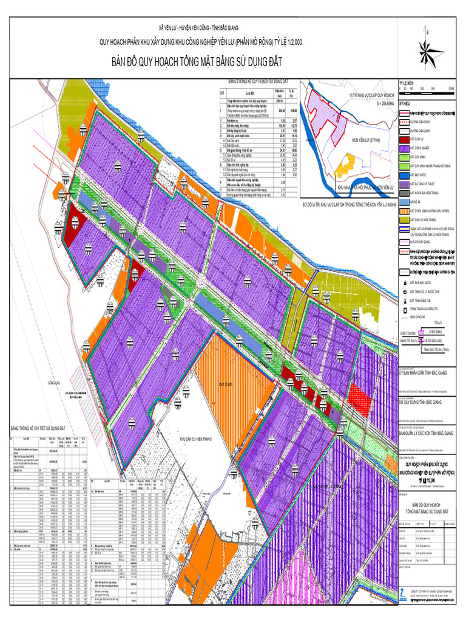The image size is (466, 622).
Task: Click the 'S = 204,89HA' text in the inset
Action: click(x=373, y=104)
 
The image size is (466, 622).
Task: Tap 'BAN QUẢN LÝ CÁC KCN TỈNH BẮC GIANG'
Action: click(x=428, y=434)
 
